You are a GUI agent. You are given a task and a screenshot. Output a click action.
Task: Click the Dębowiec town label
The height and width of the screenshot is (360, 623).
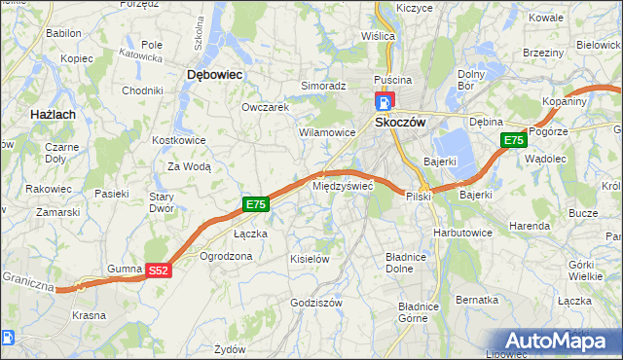tap(214, 74)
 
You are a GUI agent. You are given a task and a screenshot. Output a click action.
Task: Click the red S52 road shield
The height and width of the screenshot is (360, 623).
tap(159, 270)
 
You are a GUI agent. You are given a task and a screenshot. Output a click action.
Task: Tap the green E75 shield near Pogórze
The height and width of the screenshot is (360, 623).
tap(514, 141)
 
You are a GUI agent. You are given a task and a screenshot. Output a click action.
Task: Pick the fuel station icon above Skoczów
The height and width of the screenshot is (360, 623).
tap(384, 101)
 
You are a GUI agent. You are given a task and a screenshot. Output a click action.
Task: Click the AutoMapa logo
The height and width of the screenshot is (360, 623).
tap(562, 341)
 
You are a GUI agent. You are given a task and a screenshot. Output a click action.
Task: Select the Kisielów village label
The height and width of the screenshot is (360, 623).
tap(311, 259)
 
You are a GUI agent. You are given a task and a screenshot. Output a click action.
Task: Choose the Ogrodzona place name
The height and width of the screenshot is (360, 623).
tap(226, 256)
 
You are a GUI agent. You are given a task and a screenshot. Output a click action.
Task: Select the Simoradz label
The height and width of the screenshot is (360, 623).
tap(323, 86)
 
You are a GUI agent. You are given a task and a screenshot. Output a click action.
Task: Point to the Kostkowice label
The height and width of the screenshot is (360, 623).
tap(177, 140)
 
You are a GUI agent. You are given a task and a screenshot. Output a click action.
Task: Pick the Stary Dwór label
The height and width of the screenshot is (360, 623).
tap(160, 201)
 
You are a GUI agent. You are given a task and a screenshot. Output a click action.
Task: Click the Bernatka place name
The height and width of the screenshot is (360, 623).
tap(477, 300)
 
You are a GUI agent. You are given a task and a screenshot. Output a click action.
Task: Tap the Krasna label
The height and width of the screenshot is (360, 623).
tap(90, 315)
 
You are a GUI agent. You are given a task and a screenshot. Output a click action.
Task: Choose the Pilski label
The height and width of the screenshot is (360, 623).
tap(420, 196)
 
